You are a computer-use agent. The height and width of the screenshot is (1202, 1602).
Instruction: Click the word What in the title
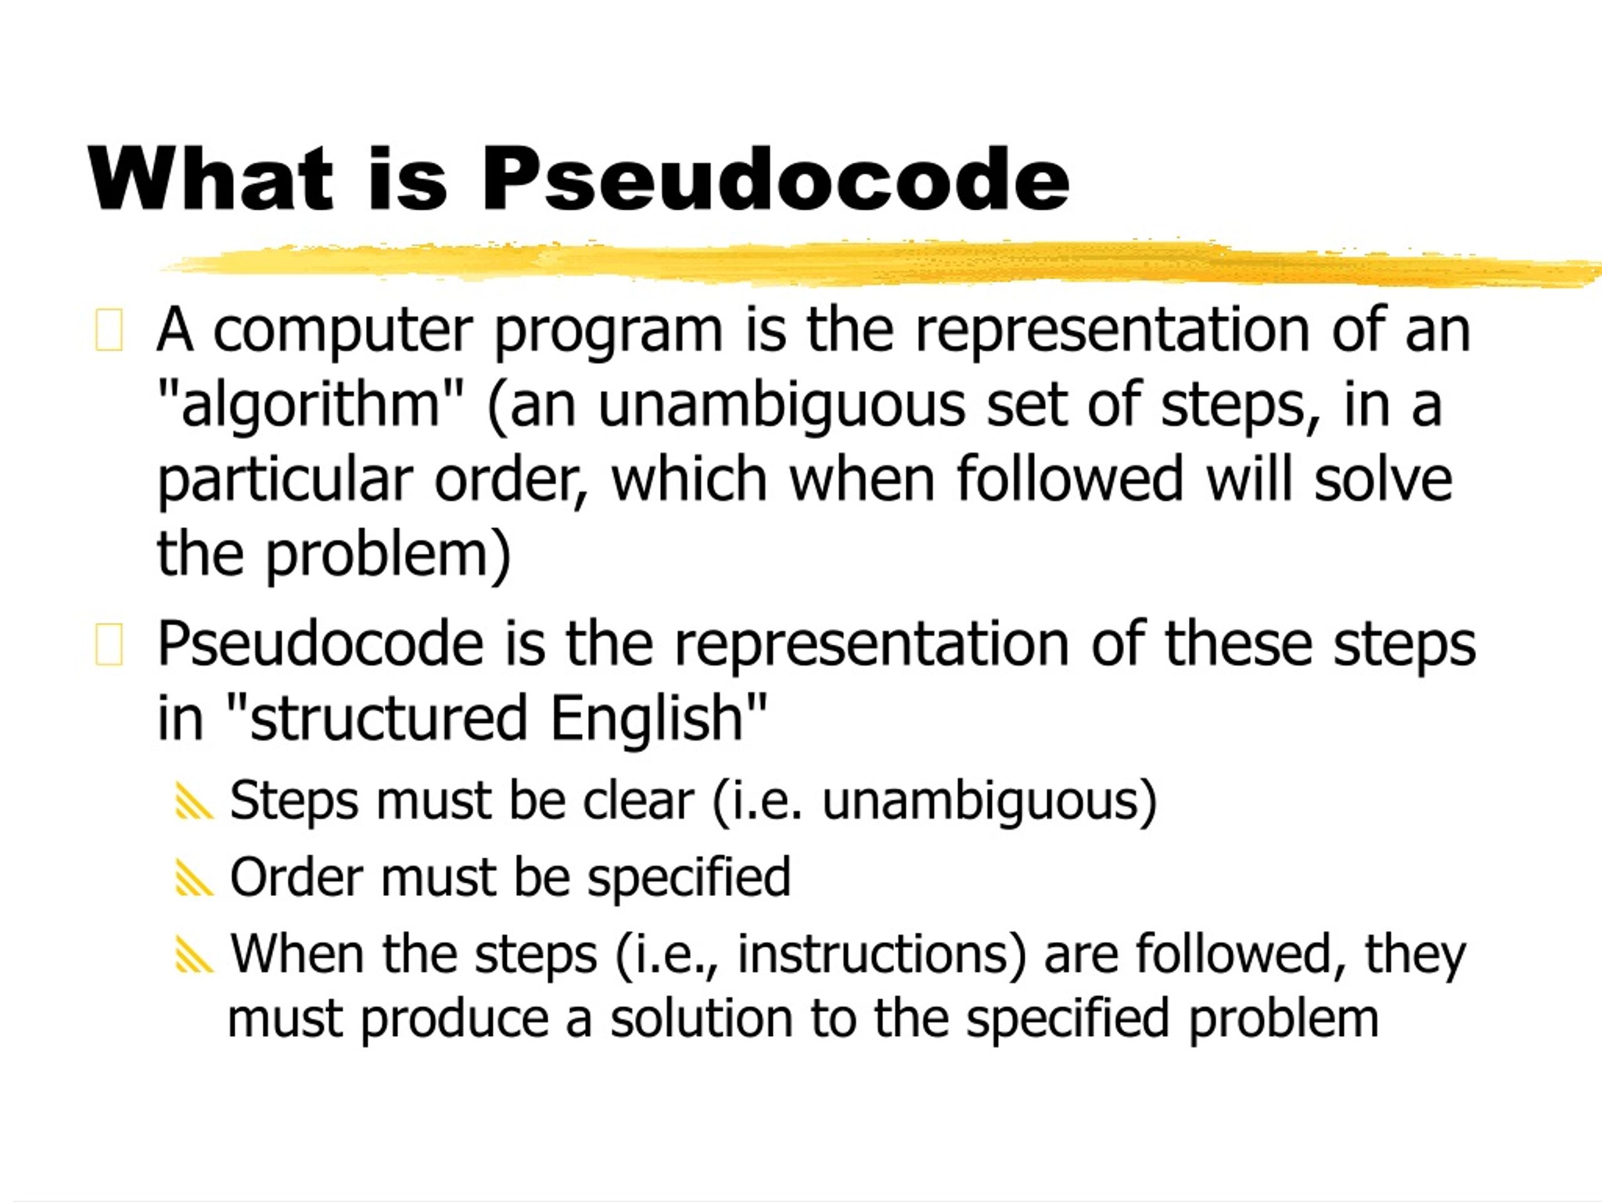(x=210, y=179)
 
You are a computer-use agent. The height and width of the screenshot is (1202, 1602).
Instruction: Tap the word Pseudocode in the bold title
(x=775, y=179)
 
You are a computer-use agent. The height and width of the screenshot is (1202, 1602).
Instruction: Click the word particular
(x=285, y=481)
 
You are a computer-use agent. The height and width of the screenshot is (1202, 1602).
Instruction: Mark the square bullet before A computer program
(x=109, y=331)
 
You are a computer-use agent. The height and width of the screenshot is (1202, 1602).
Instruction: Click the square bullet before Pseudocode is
(x=109, y=644)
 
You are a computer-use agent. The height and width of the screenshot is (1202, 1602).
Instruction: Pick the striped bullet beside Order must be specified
(x=194, y=880)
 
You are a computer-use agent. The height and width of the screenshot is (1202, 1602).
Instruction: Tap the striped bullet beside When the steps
(x=194, y=956)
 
